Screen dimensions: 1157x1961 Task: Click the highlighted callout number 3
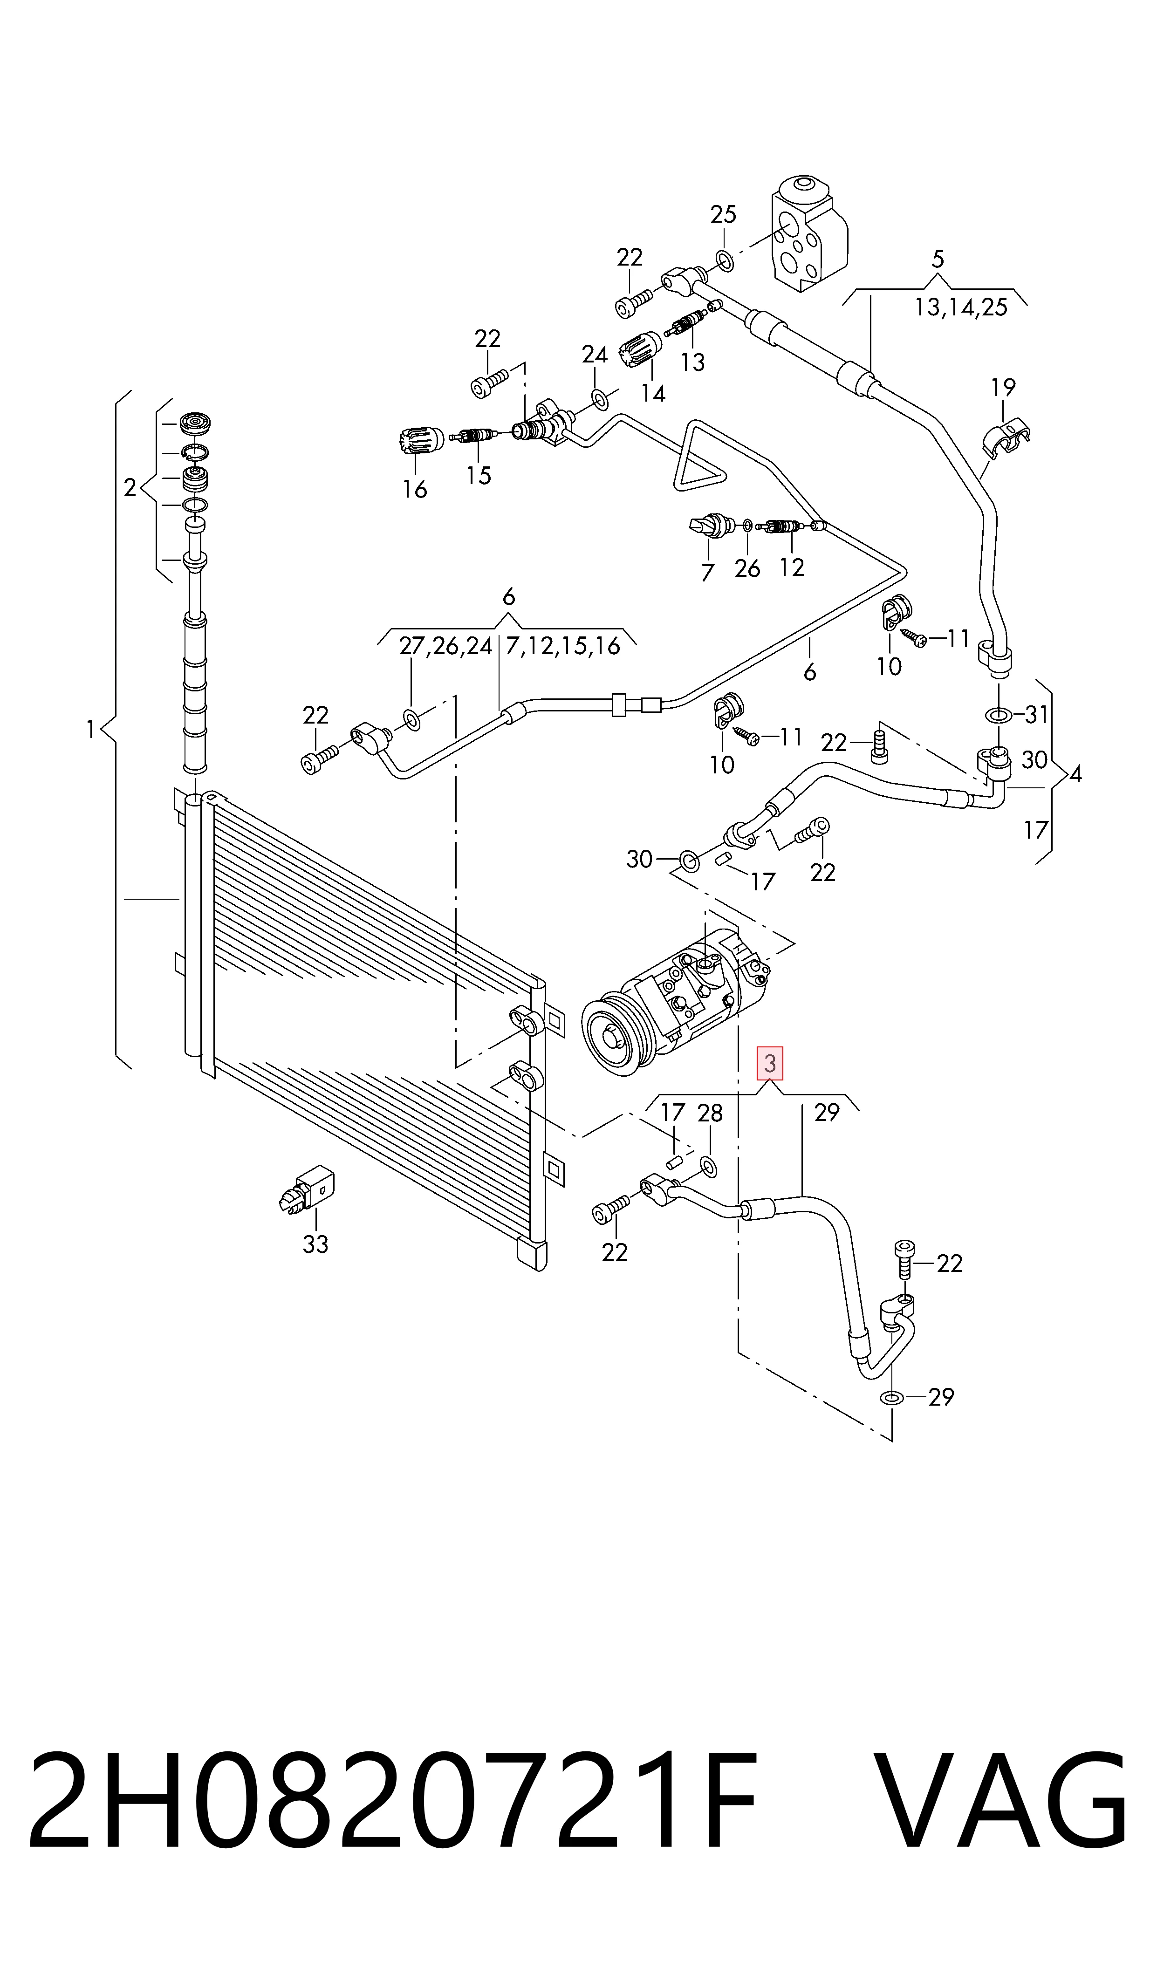point(769,1063)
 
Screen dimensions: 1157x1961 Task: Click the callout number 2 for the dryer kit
point(130,488)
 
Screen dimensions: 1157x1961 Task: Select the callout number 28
point(710,1113)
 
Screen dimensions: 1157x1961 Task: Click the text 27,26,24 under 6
point(445,646)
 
